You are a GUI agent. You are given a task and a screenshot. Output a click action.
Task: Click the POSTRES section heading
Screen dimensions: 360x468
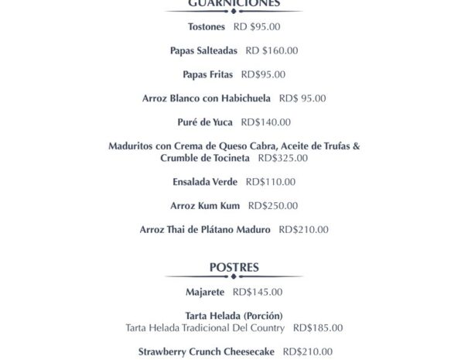tap(234, 268)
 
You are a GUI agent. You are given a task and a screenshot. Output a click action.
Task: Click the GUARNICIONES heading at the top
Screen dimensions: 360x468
tap(234, 3)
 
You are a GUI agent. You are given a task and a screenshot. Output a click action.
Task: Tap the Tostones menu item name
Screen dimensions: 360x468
tap(206, 27)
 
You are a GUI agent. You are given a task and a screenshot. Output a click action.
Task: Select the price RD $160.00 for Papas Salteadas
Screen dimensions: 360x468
tap(272, 51)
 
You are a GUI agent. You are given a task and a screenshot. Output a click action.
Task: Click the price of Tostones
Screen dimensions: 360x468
tap(256, 27)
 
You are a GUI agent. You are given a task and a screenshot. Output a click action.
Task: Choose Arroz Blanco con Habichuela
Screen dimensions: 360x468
tap(207, 98)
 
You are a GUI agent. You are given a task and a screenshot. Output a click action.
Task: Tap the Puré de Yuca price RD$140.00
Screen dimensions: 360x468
tap(266, 122)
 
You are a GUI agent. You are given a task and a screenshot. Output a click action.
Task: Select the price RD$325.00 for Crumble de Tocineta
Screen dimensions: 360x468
tap(282, 158)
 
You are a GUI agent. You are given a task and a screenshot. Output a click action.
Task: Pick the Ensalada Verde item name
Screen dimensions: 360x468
tap(205, 182)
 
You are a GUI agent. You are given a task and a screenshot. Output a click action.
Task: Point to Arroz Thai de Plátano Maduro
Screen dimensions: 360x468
tap(205, 230)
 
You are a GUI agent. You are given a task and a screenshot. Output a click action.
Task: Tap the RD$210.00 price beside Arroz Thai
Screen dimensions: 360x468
tap(303, 230)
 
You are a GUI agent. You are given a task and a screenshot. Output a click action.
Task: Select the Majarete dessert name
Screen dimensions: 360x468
tap(205, 293)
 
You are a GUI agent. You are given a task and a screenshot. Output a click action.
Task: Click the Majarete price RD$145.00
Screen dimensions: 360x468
tap(258, 293)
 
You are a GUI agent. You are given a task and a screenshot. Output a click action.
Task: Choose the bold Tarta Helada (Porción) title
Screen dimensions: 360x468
tap(234, 316)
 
